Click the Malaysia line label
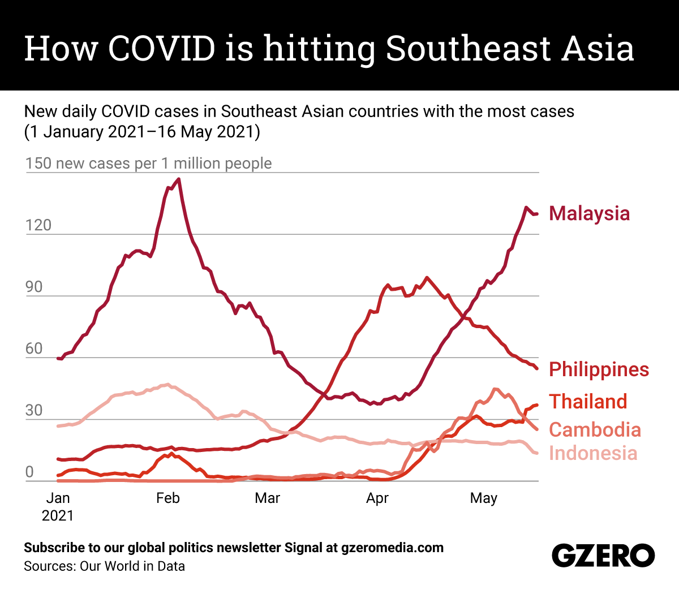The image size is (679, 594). pyautogui.click(x=589, y=213)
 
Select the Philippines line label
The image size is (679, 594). pyautogui.click(x=599, y=369)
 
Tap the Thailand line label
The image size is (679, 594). pyautogui.click(x=588, y=401)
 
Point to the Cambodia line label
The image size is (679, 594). pyautogui.click(x=595, y=429)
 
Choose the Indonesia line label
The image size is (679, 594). pyautogui.click(x=593, y=453)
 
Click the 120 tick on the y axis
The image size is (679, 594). pyautogui.click(x=38, y=225)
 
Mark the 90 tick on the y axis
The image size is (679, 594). pyautogui.click(x=34, y=287)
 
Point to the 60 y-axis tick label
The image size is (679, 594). pyautogui.click(x=34, y=348)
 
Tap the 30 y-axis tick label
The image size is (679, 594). pyautogui.click(x=34, y=410)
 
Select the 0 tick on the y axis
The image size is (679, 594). pyautogui.click(x=29, y=472)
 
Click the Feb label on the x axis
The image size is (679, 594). pyautogui.click(x=167, y=498)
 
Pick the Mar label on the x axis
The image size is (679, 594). pyautogui.click(x=267, y=498)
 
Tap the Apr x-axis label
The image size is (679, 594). pyautogui.click(x=377, y=498)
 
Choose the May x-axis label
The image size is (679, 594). pyautogui.click(x=484, y=498)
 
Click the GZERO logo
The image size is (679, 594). pyautogui.click(x=603, y=556)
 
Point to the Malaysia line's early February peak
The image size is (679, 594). pyautogui.click(x=179, y=179)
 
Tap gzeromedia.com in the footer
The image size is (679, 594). pyautogui.click(x=393, y=548)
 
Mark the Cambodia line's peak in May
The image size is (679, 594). pyautogui.click(x=495, y=389)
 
